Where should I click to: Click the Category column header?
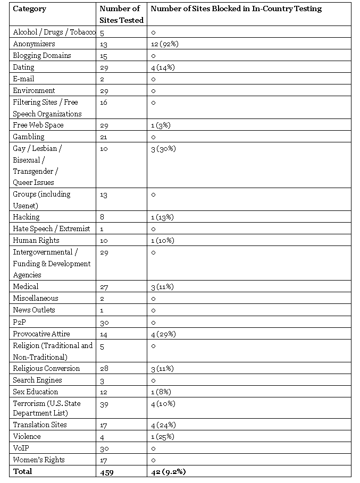(x=29, y=9)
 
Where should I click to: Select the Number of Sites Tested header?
(x=122, y=14)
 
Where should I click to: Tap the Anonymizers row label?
(x=34, y=44)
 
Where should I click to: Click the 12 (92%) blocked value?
(x=164, y=44)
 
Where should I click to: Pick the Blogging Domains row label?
(x=41, y=56)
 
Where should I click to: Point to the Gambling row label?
(x=28, y=137)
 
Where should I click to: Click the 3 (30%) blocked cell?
(x=163, y=149)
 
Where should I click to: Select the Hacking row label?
(x=26, y=217)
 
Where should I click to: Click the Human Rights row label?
(x=36, y=241)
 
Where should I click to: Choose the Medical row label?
(x=26, y=287)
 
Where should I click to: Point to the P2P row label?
(x=19, y=322)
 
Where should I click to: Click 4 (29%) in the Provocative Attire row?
(x=163, y=334)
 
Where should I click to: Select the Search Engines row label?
(x=37, y=380)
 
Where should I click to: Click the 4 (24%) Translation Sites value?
(x=163, y=425)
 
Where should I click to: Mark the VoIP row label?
(x=21, y=448)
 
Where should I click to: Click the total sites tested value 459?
(x=107, y=472)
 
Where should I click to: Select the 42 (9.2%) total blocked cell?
(x=169, y=472)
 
